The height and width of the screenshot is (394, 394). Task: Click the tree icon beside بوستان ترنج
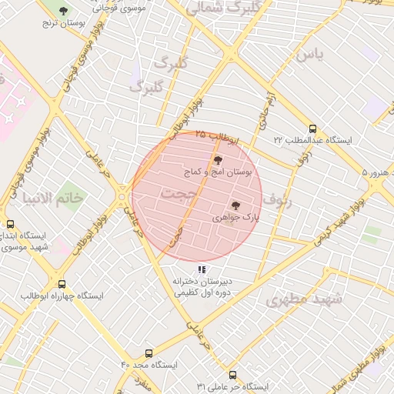[63, 11]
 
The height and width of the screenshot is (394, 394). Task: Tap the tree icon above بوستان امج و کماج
[218, 160]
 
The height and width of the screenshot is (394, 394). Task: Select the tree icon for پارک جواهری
[235, 205]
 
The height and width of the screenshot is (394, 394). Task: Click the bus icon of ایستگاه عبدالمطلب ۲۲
[312, 129]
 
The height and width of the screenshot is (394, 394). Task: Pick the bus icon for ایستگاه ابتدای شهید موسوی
[10, 224]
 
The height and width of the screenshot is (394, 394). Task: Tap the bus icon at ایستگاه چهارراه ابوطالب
[62, 283]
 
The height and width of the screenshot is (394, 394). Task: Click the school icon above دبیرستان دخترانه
[202, 269]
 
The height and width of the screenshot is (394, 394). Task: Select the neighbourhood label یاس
[308, 55]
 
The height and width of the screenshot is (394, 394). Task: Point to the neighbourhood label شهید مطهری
[303, 299]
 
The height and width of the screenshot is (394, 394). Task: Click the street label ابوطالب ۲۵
[217, 135]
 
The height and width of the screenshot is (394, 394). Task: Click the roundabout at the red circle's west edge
[123, 199]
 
